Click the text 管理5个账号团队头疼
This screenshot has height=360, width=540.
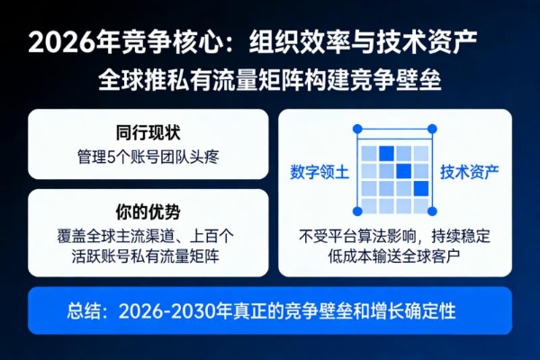pos(148,157)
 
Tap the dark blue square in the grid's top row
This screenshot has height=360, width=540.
pos(386,152)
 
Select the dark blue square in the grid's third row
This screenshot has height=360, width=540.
pos(421,189)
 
